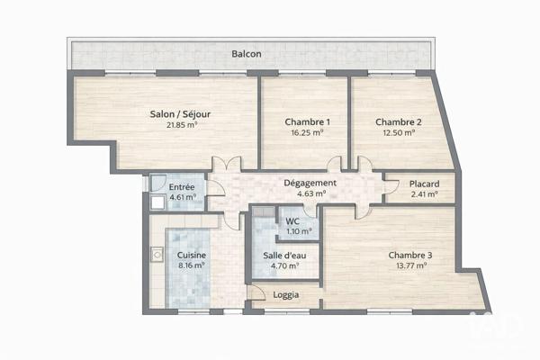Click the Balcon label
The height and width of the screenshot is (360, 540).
pos(247,54)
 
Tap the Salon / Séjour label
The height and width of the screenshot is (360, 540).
pos(182,113)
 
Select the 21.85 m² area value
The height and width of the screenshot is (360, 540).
pos(182,125)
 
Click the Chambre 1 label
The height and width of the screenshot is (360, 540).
pos(307,122)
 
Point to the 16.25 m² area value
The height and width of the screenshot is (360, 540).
pos(307,133)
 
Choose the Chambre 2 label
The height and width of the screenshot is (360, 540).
pos(398,122)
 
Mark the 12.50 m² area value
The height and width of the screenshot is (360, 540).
pos(398,133)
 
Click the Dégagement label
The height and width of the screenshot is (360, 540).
pos(310,183)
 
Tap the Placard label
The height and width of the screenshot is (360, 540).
pos(424,183)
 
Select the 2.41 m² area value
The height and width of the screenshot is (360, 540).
pos(424,193)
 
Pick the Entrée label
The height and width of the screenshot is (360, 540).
pos(183,185)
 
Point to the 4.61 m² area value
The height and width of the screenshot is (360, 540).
pos(183,196)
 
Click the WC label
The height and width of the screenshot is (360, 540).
pos(292,220)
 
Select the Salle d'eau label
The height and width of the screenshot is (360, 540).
pos(285,255)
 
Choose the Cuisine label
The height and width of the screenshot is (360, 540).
pos(191,256)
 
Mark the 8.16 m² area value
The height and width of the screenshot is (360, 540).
pos(191,266)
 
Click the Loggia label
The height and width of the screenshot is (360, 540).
pos(285,294)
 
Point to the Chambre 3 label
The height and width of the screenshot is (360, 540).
pos(410,255)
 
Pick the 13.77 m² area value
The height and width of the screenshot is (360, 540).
pos(410,265)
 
